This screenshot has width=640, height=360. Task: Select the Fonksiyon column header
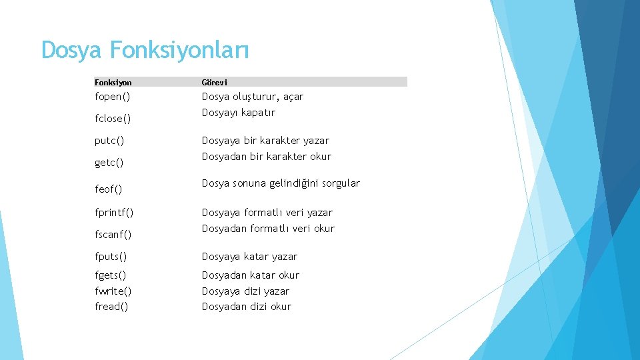coord(113,83)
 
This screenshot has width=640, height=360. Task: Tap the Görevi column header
coord(215,83)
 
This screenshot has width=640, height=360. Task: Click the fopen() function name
coord(113,97)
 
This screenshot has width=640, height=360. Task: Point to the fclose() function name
coord(113,119)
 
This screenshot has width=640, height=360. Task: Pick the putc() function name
coord(109,141)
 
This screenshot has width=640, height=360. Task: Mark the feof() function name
coord(109,189)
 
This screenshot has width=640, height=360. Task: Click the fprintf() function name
coord(114,213)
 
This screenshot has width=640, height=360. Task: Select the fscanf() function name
coord(113,235)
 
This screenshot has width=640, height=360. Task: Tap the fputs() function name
coord(111,257)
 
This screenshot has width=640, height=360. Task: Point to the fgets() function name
coord(111,275)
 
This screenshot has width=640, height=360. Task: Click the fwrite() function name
coord(113,291)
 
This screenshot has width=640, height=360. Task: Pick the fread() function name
coord(111,307)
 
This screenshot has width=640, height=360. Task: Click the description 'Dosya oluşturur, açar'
coord(253,97)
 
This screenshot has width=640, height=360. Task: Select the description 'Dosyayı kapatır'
coord(239,113)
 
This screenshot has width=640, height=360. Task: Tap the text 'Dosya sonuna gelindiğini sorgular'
coord(281,183)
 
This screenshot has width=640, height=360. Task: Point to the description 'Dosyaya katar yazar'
coord(249,257)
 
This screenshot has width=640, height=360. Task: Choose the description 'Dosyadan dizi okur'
coord(247,307)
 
